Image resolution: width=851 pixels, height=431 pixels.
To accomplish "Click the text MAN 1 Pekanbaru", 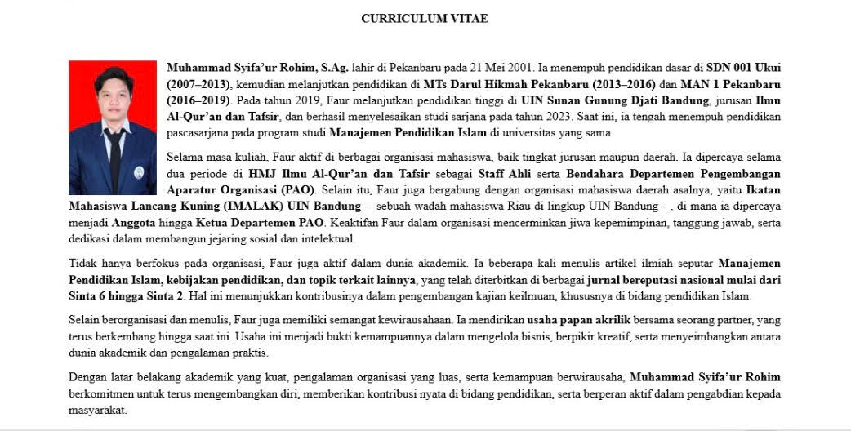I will [x=734, y=84].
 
